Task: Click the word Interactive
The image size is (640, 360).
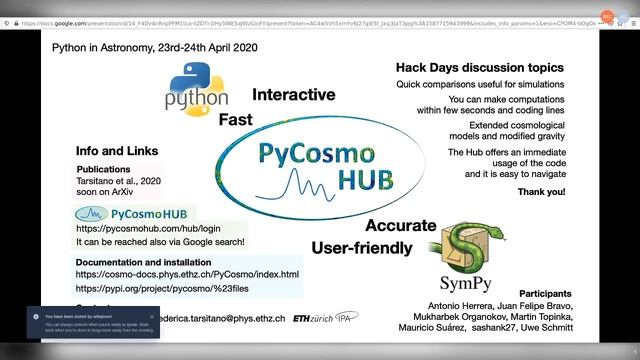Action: point(293,95)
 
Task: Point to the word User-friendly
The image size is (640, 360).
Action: point(361,247)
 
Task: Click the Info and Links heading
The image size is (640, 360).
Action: point(119,151)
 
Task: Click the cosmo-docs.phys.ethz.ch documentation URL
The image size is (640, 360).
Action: point(187,274)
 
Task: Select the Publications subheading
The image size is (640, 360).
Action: point(104,170)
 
